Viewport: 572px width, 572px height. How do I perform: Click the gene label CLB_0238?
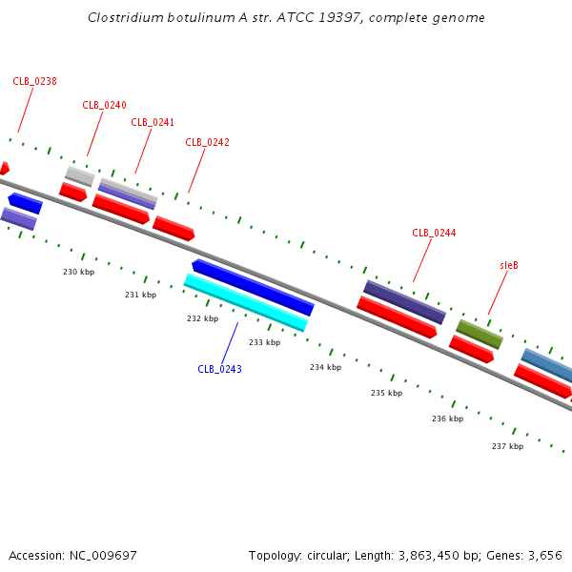(34, 81)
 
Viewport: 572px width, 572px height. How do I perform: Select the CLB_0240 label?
(104, 105)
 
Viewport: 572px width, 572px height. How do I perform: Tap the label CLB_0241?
(153, 122)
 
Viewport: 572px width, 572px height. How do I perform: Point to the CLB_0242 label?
(207, 142)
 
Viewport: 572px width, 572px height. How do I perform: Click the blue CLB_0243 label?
(219, 369)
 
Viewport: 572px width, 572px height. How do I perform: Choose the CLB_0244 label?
(434, 233)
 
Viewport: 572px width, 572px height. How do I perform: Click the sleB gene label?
(509, 265)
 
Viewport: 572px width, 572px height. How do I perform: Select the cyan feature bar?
(246, 302)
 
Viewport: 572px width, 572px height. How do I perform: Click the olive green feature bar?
(480, 335)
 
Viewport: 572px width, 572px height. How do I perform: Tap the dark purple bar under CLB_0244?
(404, 302)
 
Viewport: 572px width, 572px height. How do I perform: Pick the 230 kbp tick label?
(79, 272)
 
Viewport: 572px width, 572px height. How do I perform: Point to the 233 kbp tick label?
(265, 342)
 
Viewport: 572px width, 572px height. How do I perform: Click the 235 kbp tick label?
(387, 393)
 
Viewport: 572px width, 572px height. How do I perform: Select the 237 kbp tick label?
(508, 446)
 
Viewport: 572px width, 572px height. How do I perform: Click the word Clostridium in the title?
(126, 17)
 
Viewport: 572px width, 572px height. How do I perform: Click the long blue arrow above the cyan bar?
(253, 288)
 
